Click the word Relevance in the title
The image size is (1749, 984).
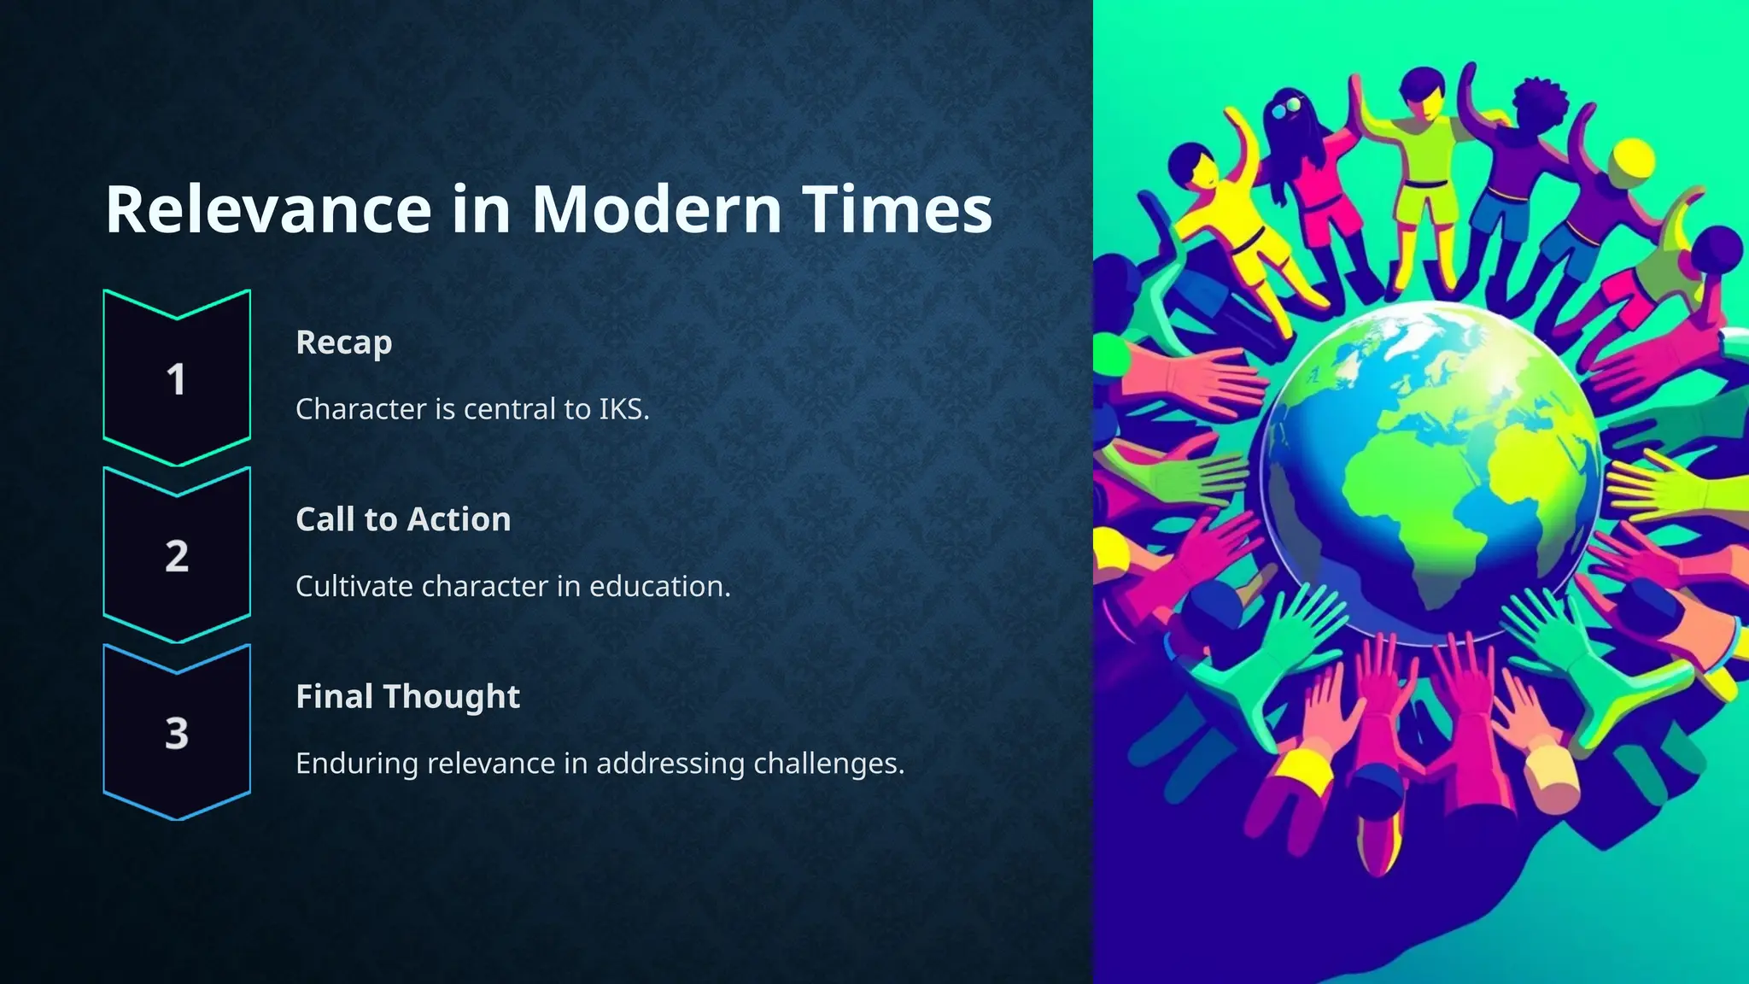268,210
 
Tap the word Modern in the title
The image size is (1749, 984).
656,210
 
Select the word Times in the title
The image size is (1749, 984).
897,210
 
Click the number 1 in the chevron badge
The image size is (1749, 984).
177,380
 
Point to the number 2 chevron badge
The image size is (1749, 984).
177,556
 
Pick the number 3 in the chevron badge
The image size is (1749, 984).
177,734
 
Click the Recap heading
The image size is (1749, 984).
343,343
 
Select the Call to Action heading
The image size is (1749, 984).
403,519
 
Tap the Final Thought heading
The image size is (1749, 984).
407,697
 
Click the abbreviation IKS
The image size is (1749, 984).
623,410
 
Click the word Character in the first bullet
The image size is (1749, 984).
360,410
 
